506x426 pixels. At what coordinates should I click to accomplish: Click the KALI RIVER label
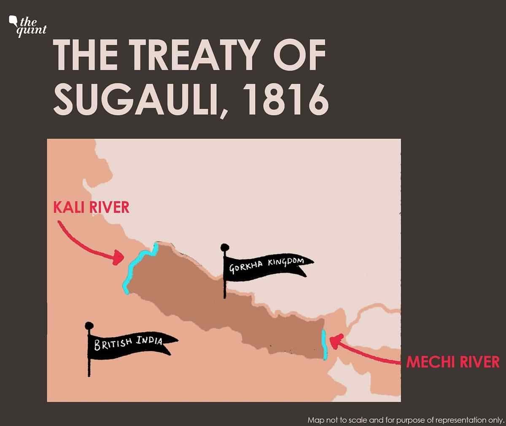[x=91, y=208]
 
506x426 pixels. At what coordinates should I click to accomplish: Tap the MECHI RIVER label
[x=452, y=362]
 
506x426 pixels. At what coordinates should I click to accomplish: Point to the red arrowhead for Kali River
[x=118, y=257]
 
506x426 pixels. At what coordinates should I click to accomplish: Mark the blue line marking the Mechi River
[x=323, y=344]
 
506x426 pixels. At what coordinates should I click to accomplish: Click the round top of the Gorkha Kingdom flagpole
[x=224, y=246]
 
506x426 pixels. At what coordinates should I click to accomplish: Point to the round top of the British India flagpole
[x=89, y=325]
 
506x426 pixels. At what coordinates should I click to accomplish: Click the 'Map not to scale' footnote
[x=406, y=420]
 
